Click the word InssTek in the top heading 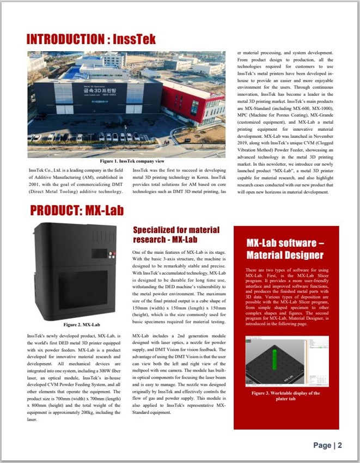[135, 39]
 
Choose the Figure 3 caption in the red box [285, 395]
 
